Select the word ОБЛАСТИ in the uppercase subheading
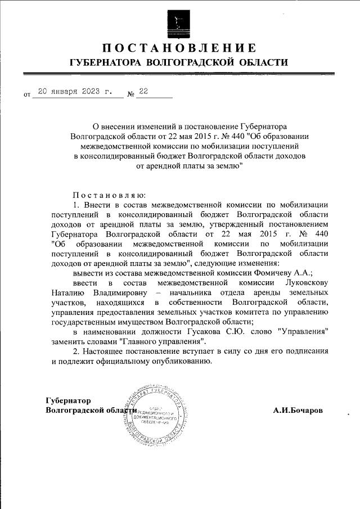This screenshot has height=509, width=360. (x=261, y=63)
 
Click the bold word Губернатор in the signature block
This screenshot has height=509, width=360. (x=67, y=400)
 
